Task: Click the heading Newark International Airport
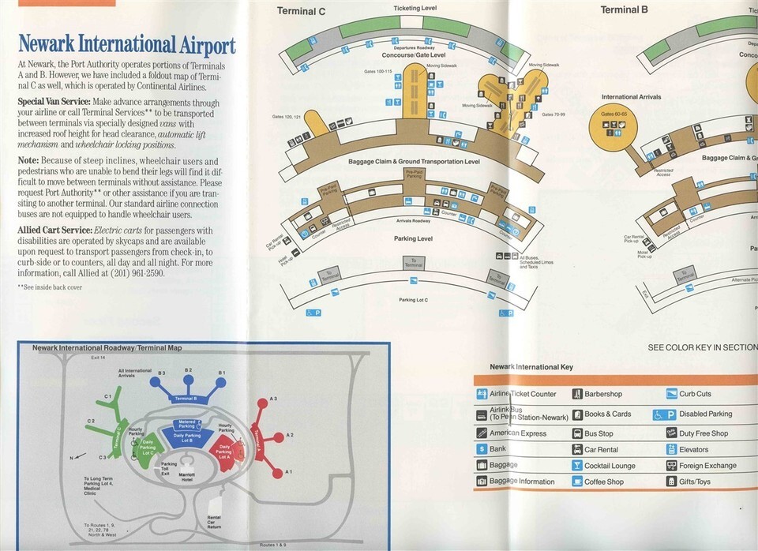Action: [x=126, y=43]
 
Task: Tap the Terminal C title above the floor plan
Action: [x=301, y=11]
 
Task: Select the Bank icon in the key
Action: [x=482, y=449]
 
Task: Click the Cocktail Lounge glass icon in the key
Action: [x=577, y=466]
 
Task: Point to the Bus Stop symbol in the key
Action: [x=577, y=433]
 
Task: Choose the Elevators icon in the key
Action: [x=671, y=449]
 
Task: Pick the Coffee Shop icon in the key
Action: [x=577, y=482]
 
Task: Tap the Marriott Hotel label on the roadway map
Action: [x=187, y=476]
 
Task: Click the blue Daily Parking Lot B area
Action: [x=187, y=437]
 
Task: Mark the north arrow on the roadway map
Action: [x=76, y=455]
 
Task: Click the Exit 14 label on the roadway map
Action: [x=98, y=358]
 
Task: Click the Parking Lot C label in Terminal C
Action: [x=413, y=299]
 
